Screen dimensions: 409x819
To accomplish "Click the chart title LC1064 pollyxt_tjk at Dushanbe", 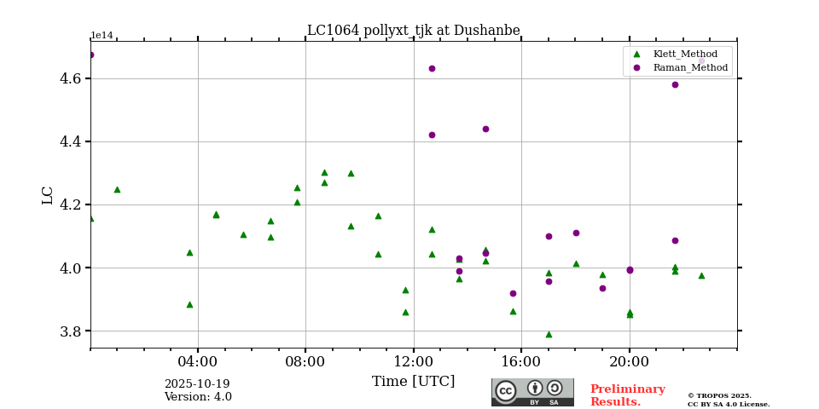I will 413,31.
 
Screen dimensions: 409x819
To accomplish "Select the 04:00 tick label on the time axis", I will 198,360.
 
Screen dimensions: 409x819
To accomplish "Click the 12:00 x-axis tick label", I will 414,360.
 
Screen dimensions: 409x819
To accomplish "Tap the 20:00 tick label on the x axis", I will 630,360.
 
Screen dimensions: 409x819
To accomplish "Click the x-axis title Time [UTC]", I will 413,382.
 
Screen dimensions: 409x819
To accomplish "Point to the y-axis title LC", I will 48,194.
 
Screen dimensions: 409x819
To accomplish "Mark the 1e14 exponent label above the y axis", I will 102,36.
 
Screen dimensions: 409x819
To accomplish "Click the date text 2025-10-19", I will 197,384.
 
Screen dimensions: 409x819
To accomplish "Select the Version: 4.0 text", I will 198,397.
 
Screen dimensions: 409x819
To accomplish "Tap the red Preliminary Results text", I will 627,395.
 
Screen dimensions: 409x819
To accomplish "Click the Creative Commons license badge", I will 532,392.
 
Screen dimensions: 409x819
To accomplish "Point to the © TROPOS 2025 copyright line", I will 719,395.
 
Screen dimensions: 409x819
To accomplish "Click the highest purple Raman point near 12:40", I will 432,68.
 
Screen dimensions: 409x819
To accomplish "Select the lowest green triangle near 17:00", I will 549,334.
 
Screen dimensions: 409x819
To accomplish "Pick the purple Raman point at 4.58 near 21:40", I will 675,84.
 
